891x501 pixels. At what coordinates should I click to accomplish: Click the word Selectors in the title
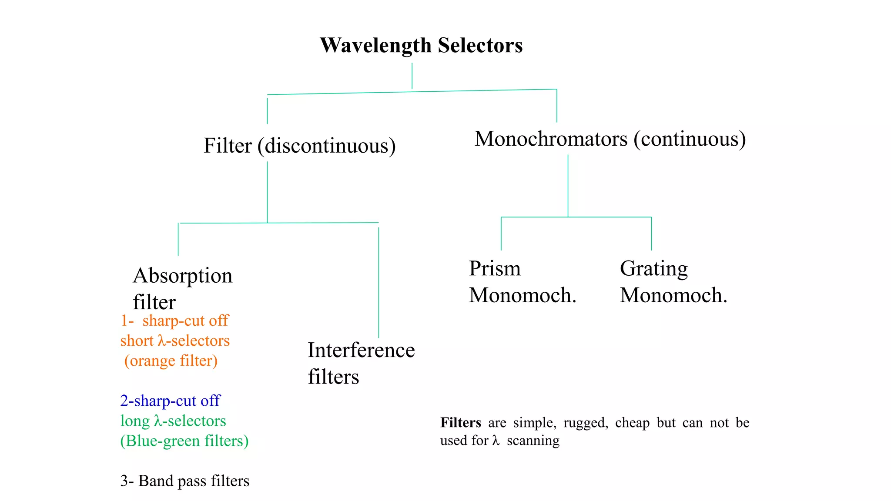[480, 45]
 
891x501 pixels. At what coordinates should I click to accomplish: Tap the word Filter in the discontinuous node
[228, 146]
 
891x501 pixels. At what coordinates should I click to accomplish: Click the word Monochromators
[551, 139]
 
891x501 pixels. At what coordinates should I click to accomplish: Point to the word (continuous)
[690, 139]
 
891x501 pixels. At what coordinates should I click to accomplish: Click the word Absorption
[183, 276]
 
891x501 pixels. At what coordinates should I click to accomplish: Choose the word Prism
[495, 268]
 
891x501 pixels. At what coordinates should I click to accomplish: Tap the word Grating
[653, 269]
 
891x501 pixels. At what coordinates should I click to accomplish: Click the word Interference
[361, 350]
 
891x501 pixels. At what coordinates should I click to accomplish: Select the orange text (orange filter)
[171, 361]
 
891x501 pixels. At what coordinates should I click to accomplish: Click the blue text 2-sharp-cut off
[170, 401]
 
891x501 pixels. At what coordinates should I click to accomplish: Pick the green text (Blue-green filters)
[184, 441]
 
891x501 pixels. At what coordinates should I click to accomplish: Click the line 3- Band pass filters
[185, 481]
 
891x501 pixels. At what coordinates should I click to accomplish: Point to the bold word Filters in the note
[460, 423]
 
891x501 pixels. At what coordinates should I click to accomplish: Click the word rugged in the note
[585, 423]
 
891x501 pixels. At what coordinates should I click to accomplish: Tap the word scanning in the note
[533, 441]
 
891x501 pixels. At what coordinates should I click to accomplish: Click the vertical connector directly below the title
[412, 76]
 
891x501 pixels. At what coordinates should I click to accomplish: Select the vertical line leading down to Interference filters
[379, 283]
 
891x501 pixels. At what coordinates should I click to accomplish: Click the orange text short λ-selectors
[175, 341]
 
